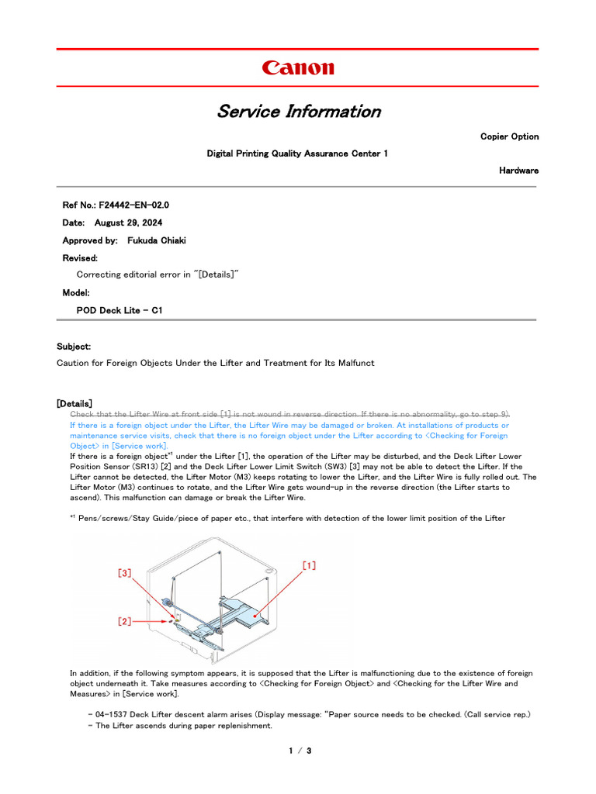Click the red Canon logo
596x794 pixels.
pos(298,68)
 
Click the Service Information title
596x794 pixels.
pos(298,111)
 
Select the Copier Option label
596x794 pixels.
pos(509,136)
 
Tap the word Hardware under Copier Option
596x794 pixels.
pos(518,171)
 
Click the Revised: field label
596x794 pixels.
pos(80,257)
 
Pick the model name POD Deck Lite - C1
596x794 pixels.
pos(120,310)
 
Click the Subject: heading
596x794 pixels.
pos(74,346)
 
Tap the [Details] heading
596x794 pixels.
pos(74,403)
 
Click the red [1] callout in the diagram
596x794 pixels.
pos(309,567)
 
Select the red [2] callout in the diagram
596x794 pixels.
pos(124,620)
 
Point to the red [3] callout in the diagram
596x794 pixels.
pos(125,573)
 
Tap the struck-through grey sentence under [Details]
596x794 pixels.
pos(289,415)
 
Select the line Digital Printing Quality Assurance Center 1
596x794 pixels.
pos(297,154)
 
